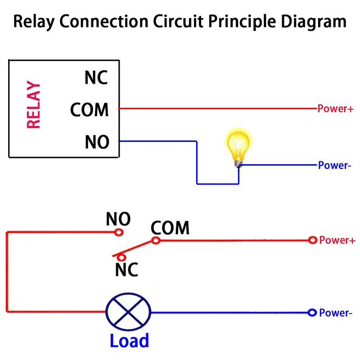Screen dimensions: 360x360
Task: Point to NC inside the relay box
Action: [96, 77]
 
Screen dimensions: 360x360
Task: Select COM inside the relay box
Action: [90, 109]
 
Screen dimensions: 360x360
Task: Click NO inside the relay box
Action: [97, 142]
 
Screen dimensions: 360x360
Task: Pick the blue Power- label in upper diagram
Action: [334, 165]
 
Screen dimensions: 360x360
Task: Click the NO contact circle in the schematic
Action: [119, 232]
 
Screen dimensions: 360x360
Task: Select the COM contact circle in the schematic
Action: [156, 240]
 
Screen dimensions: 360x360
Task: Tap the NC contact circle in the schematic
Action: [121, 256]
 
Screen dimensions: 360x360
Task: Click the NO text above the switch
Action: [118, 219]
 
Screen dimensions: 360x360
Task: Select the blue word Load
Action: [129, 341]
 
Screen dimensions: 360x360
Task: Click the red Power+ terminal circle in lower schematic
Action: [312, 240]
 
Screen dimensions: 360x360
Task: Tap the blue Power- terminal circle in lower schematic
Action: [311, 313]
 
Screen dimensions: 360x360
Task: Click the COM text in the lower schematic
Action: [170, 228]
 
